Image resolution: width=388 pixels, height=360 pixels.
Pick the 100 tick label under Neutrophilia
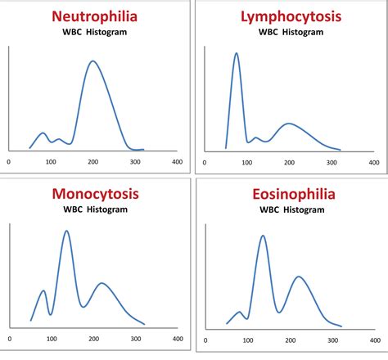pyautogui.click(x=51, y=161)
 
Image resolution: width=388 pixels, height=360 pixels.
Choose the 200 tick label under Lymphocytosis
pyautogui.click(x=288, y=161)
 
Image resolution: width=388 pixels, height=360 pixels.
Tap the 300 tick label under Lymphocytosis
pyautogui.click(x=331, y=161)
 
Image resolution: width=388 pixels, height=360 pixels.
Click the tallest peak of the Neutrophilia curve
pyautogui.click(x=92, y=61)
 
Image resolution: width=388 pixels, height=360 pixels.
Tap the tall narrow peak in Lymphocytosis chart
pyautogui.click(x=236, y=54)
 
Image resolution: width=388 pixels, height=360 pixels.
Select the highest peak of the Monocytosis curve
pyautogui.click(x=66, y=231)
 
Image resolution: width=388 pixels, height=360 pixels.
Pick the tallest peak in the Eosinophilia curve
pyautogui.click(x=262, y=236)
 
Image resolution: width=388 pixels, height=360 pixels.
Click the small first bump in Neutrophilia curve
pyautogui.click(x=43, y=133)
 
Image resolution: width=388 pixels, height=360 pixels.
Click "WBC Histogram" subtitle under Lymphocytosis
pyautogui.click(x=291, y=31)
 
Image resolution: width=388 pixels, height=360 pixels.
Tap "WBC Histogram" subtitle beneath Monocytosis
pyautogui.click(x=95, y=209)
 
